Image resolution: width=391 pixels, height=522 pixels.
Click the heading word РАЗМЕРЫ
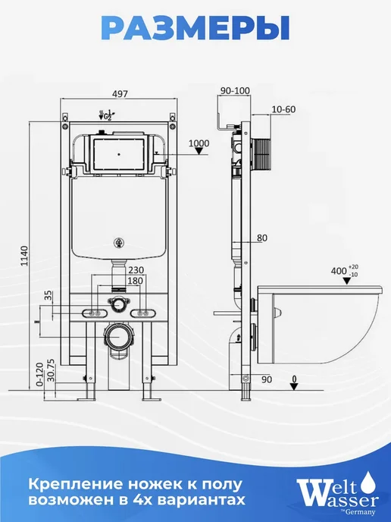coord(195,29)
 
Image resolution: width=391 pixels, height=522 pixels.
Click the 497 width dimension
coord(120,94)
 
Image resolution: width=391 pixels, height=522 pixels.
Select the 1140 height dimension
coord(24,256)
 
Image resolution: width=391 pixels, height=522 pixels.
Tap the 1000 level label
coord(199,143)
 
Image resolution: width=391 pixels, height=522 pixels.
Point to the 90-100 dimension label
coord(235,90)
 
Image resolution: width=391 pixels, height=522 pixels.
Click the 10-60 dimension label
coord(283,109)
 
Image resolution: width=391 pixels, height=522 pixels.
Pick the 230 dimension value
coord(136,269)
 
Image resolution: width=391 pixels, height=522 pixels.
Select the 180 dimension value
coord(135,281)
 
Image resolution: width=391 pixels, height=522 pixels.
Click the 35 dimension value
coord(48,295)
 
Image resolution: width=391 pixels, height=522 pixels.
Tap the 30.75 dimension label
coord(51,369)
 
